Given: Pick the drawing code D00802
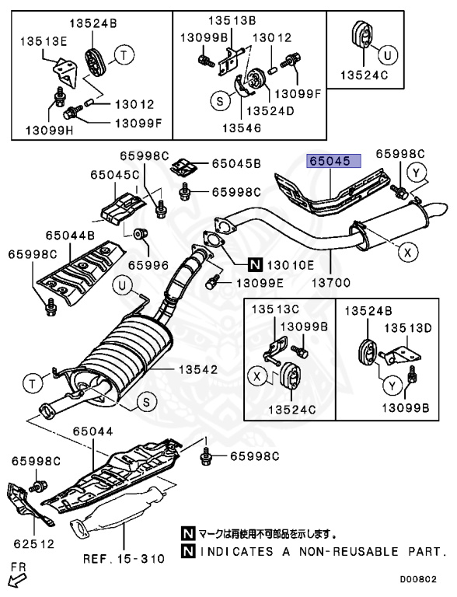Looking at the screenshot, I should [x=425, y=579].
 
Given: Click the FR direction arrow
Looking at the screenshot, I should [x=16, y=576].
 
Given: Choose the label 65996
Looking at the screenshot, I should [x=148, y=264].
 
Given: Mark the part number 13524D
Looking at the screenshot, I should [x=291, y=110].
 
